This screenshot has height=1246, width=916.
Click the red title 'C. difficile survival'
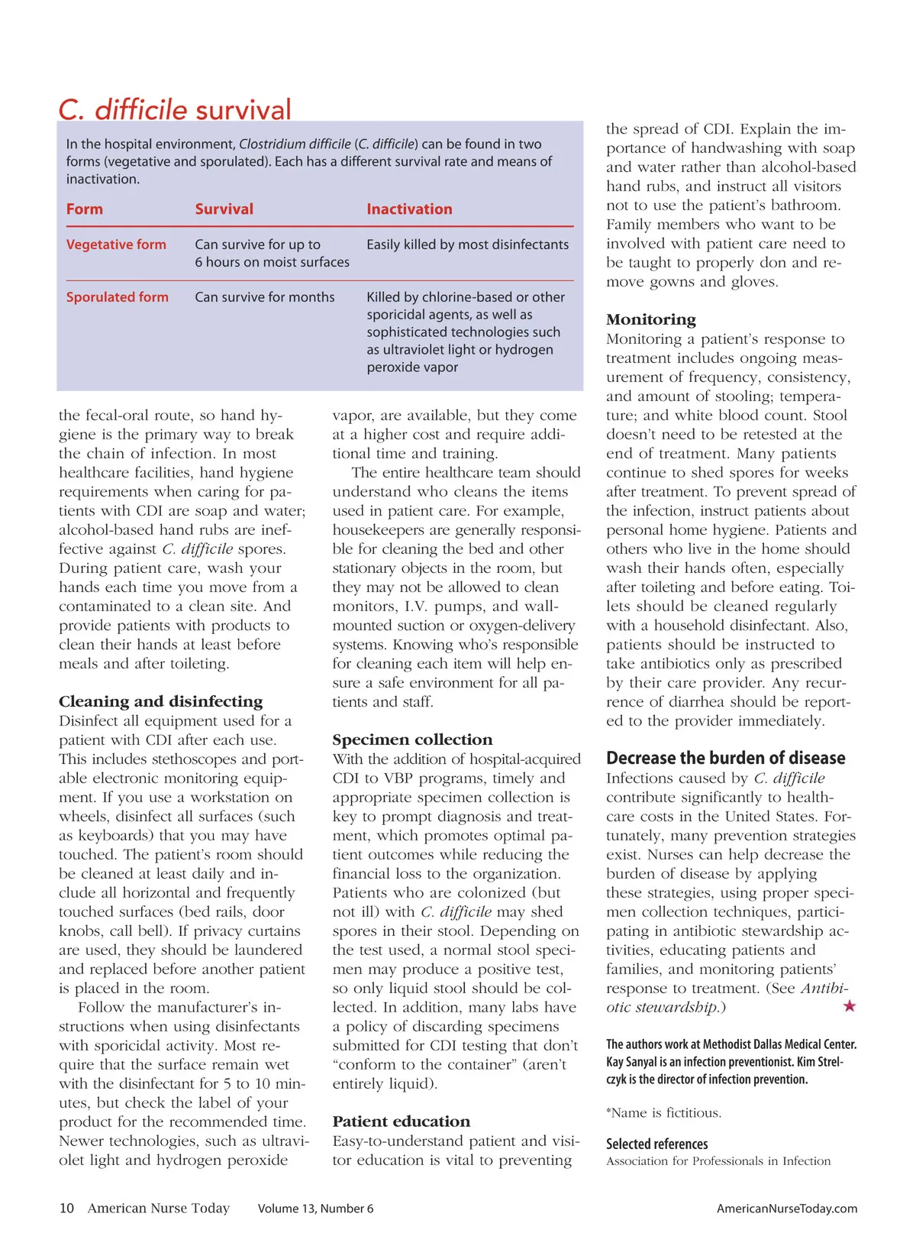[175, 110]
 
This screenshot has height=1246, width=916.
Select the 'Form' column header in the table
[84, 209]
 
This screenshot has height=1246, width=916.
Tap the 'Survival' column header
[224, 209]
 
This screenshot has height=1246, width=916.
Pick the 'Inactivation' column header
[409, 209]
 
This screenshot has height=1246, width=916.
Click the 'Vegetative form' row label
[116, 244]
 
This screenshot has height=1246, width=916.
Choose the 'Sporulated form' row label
[118, 297]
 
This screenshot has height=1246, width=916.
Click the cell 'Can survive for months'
[265, 297]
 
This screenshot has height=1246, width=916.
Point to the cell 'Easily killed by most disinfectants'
[467, 244]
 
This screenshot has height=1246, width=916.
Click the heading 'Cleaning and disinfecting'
[160, 701]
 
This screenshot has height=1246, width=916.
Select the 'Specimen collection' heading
[412, 740]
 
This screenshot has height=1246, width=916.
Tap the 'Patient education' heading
[402, 1121]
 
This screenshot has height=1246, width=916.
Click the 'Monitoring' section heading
[651, 319]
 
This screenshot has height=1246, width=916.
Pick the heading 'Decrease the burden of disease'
[726, 758]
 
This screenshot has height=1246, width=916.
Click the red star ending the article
[849, 1006]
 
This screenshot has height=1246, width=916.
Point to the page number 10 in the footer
[67, 1208]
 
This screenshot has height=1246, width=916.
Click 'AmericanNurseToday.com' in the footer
[786, 1209]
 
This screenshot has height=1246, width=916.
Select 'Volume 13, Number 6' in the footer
[315, 1209]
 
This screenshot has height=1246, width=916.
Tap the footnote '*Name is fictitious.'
[663, 1113]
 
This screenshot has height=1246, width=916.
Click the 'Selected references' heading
[656, 1144]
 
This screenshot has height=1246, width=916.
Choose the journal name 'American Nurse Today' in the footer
[159, 1208]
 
